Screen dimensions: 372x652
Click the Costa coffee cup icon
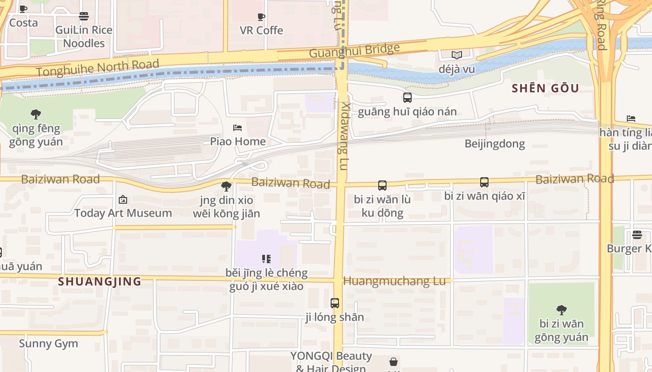[x=23, y=9]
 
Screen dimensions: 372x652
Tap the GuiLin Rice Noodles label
[x=84, y=36]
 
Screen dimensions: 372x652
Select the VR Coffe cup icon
[x=261, y=17]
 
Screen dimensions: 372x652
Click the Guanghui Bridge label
[x=354, y=50]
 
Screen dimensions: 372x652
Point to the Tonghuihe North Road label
[x=97, y=68]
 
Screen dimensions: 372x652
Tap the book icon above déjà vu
[x=456, y=55]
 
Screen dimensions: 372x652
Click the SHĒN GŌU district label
[x=545, y=88]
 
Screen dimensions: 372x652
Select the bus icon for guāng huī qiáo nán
[x=407, y=98]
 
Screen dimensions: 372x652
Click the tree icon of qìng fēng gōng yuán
[x=35, y=114]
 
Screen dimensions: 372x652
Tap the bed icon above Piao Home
[x=238, y=128]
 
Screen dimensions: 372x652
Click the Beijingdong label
[x=495, y=144]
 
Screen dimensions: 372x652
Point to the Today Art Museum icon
[x=123, y=199]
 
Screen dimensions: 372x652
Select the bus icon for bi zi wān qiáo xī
[x=484, y=182]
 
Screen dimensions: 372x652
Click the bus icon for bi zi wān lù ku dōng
[x=382, y=186]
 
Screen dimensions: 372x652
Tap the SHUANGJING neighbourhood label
[x=100, y=281]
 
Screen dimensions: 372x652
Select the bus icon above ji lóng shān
[x=334, y=303]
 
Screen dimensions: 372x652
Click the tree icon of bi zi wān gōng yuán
[x=561, y=310]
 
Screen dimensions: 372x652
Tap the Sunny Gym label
[x=48, y=344]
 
